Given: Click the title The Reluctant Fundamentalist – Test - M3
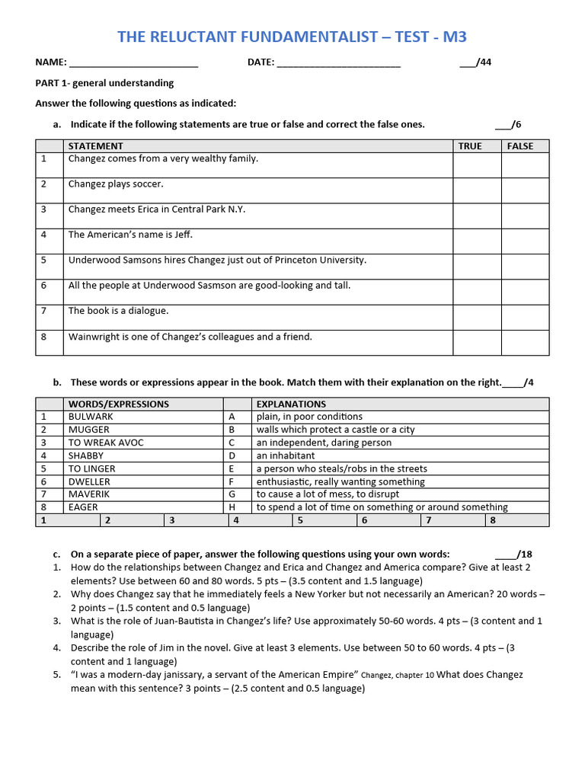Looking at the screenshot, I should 297,37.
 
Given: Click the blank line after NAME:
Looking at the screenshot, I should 133,63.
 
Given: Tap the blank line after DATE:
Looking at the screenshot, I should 338,63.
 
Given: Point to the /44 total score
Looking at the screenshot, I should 475,62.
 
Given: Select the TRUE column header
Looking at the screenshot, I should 470,146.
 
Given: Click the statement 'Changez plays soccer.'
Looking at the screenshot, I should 116,184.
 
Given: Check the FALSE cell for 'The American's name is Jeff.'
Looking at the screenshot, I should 524,241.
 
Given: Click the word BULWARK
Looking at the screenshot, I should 91,417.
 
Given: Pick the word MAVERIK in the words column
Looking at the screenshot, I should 90,494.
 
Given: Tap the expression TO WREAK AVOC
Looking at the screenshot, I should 106,443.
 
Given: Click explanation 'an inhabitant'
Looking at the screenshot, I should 286,456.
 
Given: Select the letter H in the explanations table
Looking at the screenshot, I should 232,507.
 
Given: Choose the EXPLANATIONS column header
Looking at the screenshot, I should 291,404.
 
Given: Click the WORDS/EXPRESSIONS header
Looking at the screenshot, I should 119,404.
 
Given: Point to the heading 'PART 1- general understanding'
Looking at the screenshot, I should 105,83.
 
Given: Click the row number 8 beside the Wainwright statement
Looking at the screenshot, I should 44,337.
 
